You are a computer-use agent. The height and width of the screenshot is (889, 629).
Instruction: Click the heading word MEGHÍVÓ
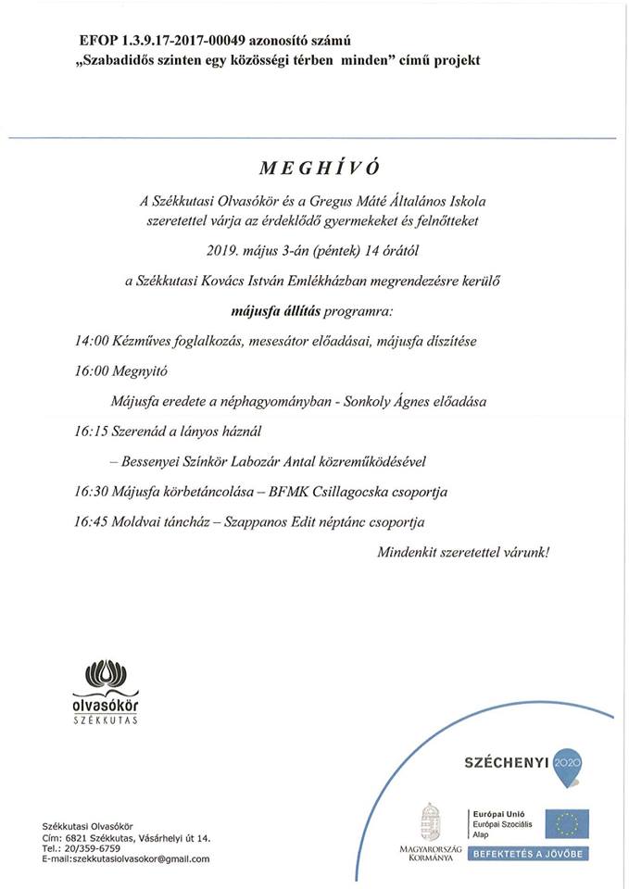314,169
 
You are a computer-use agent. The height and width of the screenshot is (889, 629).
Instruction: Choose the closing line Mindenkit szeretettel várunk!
462,552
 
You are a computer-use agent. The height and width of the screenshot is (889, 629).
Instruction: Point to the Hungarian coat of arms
430,821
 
